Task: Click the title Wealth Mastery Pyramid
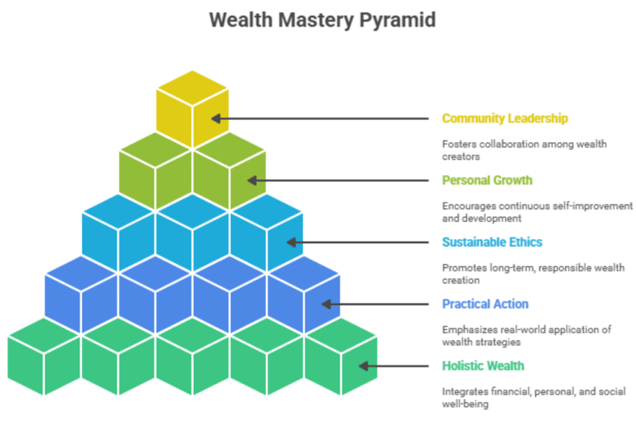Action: (x=321, y=19)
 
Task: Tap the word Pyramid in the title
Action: (x=397, y=19)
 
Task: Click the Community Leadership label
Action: (x=504, y=118)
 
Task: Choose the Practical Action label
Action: (x=485, y=304)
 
